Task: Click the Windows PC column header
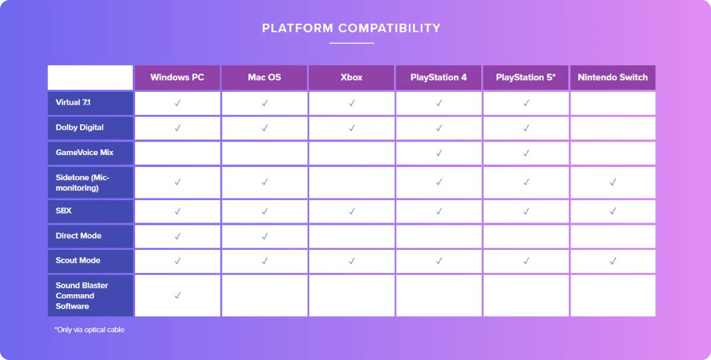(177, 78)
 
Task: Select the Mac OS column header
(264, 78)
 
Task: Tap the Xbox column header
(351, 78)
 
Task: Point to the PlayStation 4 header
(438, 78)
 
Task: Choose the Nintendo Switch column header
(613, 78)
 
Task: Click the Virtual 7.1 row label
(73, 102)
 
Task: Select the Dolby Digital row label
(79, 127)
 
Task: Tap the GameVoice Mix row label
(84, 153)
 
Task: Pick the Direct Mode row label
(78, 236)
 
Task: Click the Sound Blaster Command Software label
(82, 295)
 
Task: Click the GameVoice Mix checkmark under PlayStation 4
(439, 153)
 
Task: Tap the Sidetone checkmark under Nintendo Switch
(613, 182)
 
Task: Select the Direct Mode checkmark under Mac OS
(264, 236)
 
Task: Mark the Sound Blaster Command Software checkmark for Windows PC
(177, 295)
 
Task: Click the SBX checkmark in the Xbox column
(352, 211)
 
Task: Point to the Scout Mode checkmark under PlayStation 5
(526, 261)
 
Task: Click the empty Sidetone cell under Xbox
(351, 182)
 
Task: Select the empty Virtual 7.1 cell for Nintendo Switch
(613, 103)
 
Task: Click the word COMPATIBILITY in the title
(389, 28)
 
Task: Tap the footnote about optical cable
(89, 330)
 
